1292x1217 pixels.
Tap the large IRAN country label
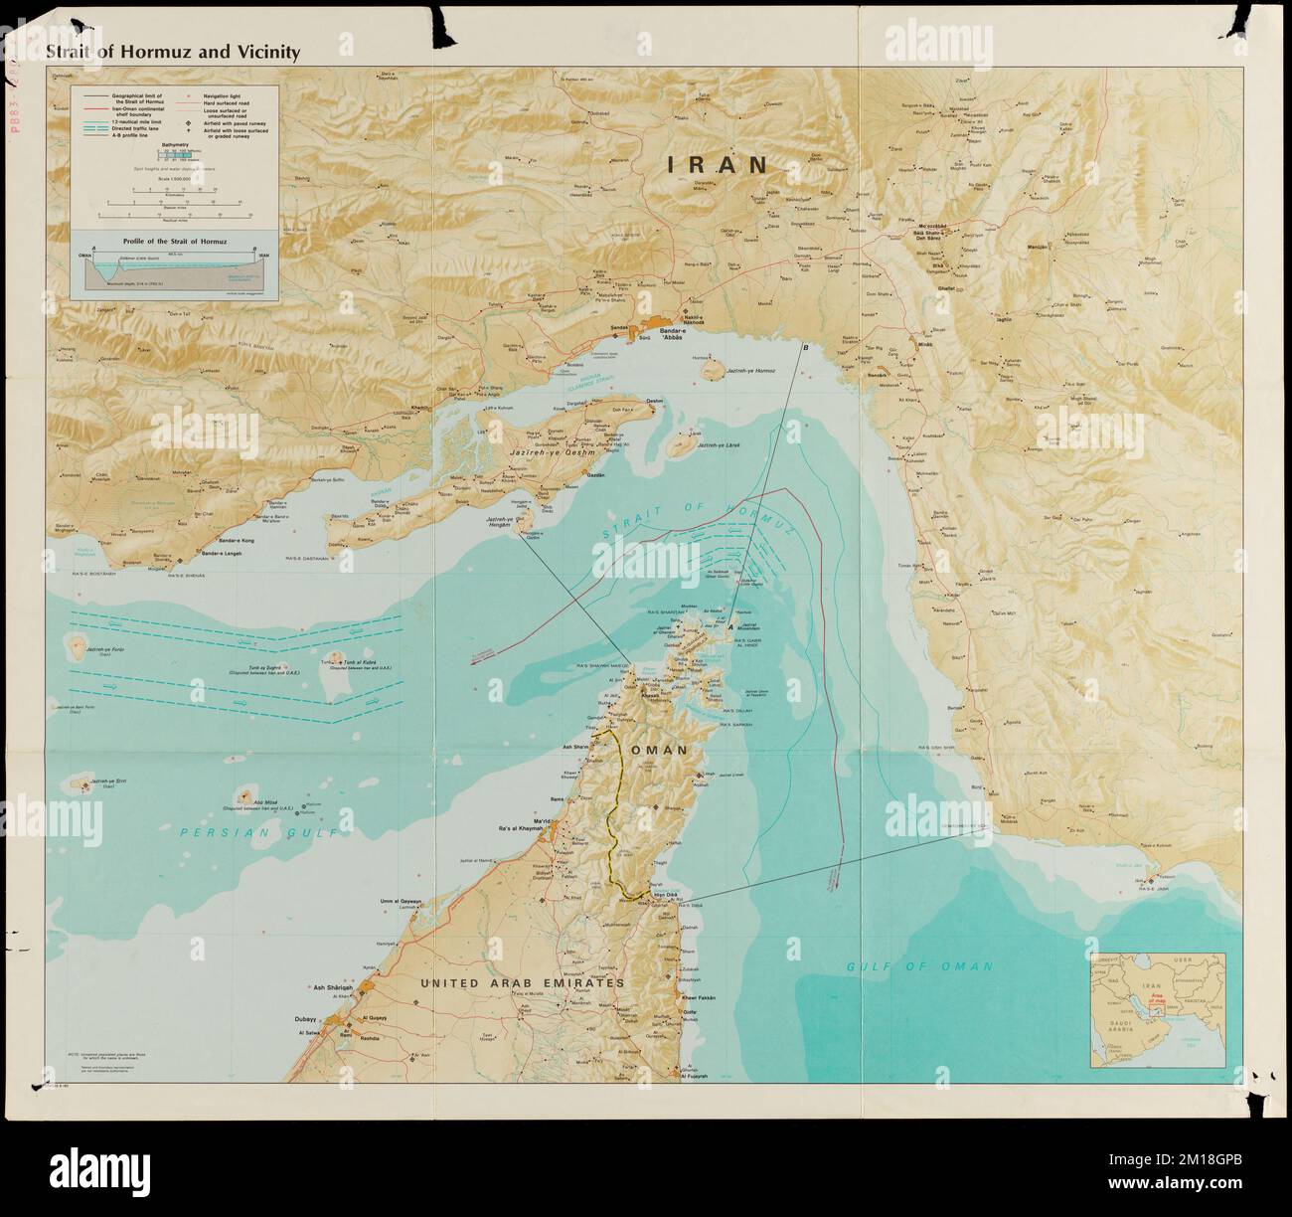[x=717, y=165]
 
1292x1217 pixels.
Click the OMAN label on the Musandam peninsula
[x=657, y=751]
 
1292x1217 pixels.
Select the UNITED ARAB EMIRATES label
[x=522, y=982]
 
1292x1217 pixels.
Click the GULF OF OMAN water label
[x=919, y=965]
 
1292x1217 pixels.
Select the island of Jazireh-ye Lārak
[x=681, y=446]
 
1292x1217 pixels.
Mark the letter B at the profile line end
[x=805, y=347]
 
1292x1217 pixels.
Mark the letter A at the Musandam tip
[x=730, y=628]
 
